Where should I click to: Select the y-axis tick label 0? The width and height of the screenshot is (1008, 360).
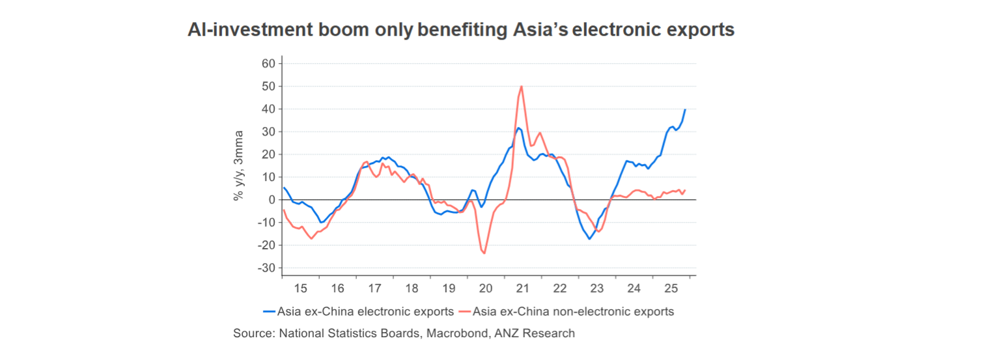[x=272, y=200]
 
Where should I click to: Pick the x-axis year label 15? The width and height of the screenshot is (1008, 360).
[x=300, y=288]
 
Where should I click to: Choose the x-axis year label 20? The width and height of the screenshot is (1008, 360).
[x=486, y=288]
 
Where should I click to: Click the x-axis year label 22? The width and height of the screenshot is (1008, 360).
[x=560, y=288]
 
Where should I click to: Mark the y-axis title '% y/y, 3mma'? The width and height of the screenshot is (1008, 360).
[x=239, y=165]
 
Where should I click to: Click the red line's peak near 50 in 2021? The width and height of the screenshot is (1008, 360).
[x=522, y=86]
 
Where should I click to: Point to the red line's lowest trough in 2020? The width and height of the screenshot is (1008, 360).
[x=484, y=253]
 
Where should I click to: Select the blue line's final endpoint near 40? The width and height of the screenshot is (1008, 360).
[x=685, y=109]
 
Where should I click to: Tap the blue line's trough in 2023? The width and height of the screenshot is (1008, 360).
[x=589, y=239]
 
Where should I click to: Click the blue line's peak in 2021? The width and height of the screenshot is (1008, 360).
[x=518, y=128]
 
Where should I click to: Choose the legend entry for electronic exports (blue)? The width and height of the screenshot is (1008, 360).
[x=358, y=311]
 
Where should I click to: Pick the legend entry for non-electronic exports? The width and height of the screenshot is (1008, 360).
[x=567, y=311]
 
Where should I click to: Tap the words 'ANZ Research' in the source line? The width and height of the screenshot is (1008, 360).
[x=542, y=333]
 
